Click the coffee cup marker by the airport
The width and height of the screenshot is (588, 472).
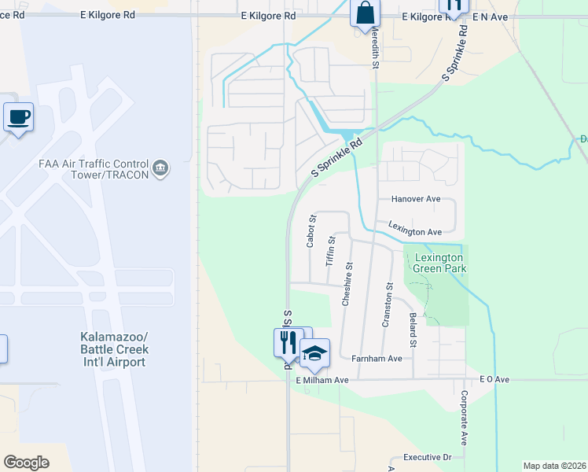tap(19, 117)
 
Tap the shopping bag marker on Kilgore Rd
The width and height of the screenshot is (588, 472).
tap(365, 13)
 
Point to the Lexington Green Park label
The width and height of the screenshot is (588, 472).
tap(440, 263)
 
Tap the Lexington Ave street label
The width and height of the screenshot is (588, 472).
tap(415, 232)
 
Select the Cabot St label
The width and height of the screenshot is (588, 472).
tap(311, 231)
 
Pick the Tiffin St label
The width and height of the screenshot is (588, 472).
tap(331, 251)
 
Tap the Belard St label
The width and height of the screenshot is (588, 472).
tap(412, 330)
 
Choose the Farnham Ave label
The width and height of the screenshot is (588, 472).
tap(377, 359)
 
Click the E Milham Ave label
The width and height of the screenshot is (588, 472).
tap(322, 380)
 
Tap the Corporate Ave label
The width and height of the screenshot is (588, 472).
tap(464, 418)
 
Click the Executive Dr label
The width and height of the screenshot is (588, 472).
tap(427, 457)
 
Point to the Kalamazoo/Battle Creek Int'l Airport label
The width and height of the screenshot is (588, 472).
tap(114, 349)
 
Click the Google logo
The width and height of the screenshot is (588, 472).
tap(26, 462)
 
